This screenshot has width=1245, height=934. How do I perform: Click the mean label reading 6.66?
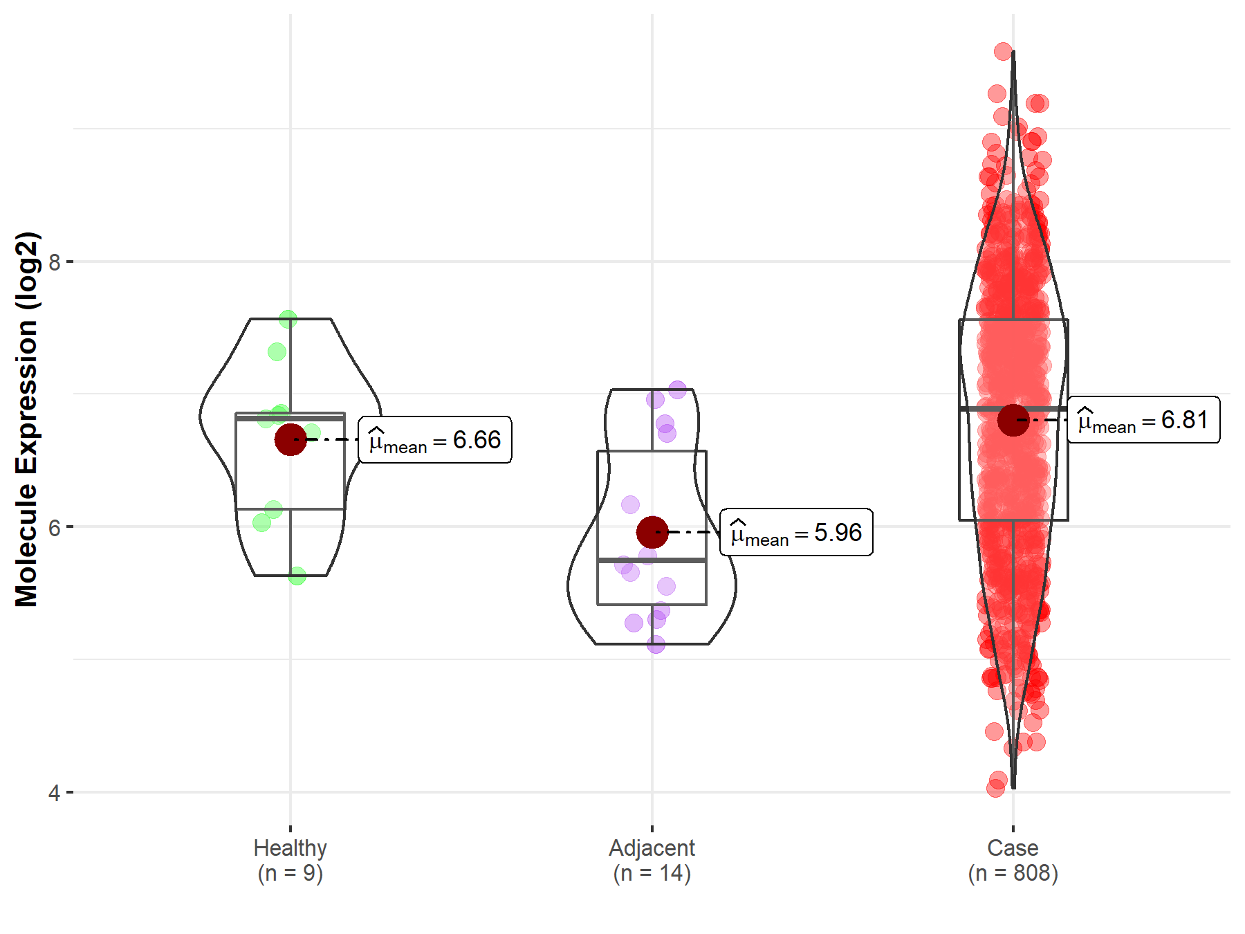tap(435, 440)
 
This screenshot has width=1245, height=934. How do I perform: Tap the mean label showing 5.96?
tap(796, 533)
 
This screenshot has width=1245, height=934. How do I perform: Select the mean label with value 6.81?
tap(1143, 420)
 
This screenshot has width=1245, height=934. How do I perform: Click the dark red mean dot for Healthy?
tap(290, 439)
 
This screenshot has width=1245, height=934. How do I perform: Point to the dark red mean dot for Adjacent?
tap(652, 532)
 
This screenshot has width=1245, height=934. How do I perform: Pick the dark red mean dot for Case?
tap(1013, 420)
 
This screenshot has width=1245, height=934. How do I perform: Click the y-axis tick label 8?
tap(54, 262)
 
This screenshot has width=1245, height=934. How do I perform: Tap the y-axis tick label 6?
tap(54, 527)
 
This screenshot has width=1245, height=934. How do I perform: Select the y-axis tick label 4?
tap(54, 793)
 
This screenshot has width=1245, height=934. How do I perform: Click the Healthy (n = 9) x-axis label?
tap(290, 860)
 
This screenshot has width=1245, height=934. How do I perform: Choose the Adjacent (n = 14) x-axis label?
tap(652, 860)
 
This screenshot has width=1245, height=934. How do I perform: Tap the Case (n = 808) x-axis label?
tap(1013, 860)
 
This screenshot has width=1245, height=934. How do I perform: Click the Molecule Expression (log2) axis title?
tap(26, 419)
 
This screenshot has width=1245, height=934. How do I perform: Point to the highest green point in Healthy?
tap(288, 319)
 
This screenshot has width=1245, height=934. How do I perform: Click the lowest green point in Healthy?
tap(297, 576)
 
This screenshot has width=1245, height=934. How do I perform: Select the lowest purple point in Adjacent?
tap(656, 645)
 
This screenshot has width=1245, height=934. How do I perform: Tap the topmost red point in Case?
tap(1003, 51)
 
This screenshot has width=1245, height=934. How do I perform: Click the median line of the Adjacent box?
tap(652, 560)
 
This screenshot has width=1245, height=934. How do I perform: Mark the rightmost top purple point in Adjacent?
tap(677, 390)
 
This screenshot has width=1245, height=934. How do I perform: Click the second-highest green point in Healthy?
tap(277, 351)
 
